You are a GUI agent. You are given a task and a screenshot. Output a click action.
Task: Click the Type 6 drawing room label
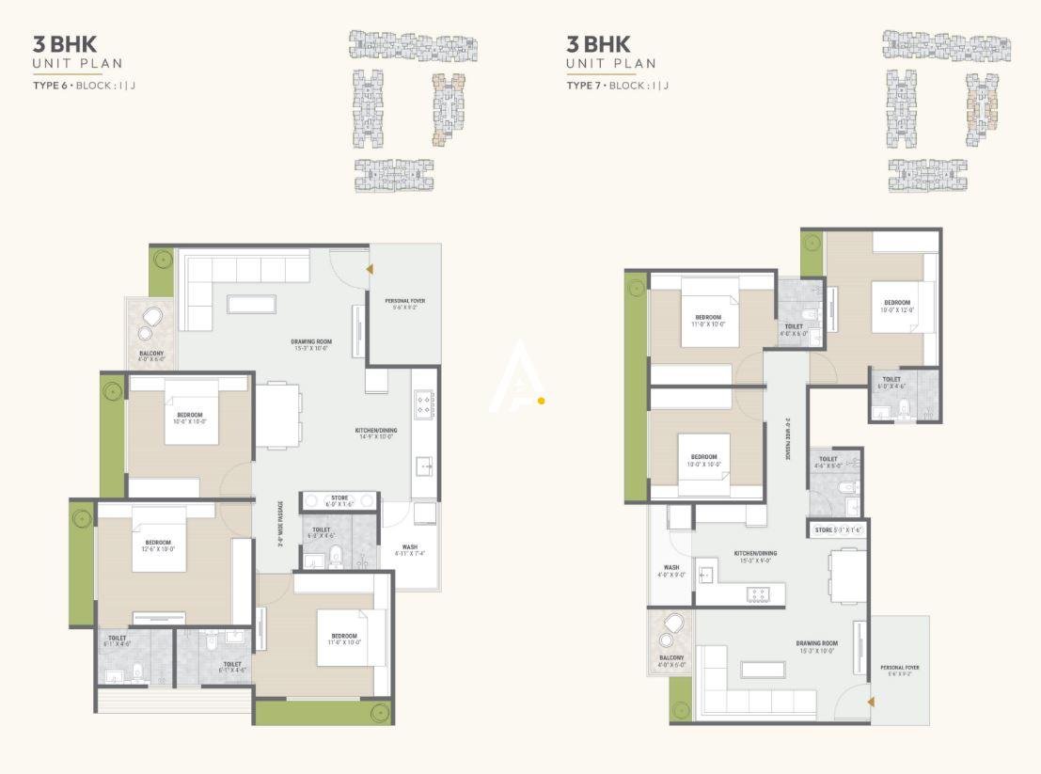(310, 344)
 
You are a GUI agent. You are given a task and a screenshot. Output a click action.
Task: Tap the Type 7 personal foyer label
(900, 671)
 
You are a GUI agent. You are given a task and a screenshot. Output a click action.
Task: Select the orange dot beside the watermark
(542, 401)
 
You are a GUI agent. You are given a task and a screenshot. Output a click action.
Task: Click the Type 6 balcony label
(151, 355)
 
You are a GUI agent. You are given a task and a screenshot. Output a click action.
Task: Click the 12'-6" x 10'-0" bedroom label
(158, 545)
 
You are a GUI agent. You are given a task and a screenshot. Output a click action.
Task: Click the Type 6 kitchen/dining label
(377, 433)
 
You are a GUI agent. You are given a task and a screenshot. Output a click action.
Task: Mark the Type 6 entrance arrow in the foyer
(370, 269)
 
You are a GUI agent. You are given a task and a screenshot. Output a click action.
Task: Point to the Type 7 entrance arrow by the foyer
(871, 702)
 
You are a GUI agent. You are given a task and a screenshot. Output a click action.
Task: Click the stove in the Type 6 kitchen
(423, 404)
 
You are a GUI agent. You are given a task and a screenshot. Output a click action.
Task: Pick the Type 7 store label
(836, 530)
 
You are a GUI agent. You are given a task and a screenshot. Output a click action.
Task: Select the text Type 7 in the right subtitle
(584, 86)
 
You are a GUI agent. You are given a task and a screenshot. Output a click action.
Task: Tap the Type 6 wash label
(410, 549)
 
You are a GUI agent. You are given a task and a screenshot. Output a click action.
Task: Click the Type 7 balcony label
(671, 660)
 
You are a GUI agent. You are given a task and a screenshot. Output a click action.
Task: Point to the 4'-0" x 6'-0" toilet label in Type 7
(794, 330)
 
